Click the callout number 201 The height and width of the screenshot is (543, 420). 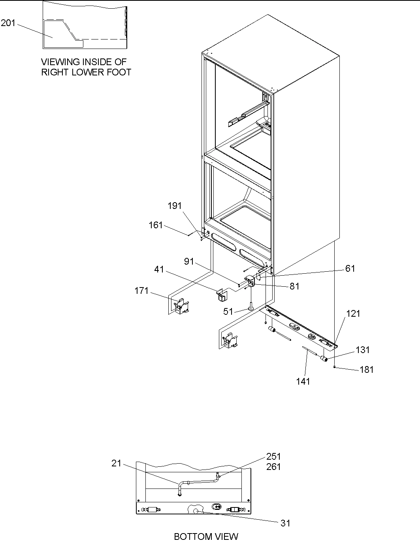pyautogui.click(x=8, y=23)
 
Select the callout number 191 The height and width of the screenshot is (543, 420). pyautogui.click(x=175, y=206)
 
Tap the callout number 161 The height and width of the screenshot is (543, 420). pyautogui.click(x=155, y=225)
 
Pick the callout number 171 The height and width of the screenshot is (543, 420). pyautogui.click(x=141, y=291)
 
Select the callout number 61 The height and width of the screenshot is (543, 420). pyautogui.click(x=350, y=269)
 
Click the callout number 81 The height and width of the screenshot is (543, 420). pyautogui.click(x=294, y=287)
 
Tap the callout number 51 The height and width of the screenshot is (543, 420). pyautogui.click(x=228, y=312)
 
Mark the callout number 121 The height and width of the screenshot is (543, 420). pyautogui.click(x=353, y=314)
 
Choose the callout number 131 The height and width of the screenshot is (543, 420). pyautogui.click(x=363, y=350)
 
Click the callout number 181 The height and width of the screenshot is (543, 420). pyautogui.click(x=367, y=370)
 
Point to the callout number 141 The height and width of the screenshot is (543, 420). pyautogui.click(x=303, y=381)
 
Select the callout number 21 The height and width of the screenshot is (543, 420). pyautogui.click(x=116, y=463)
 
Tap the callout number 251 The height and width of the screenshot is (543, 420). pyautogui.click(x=273, y=457)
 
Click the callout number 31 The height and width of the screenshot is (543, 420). pyautogui.click(x=285, y=523)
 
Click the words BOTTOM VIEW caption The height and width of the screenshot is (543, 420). pyautogui.click(x=206, y=537)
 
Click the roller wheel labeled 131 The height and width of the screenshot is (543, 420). pyautogui.click(x=324, y=359)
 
